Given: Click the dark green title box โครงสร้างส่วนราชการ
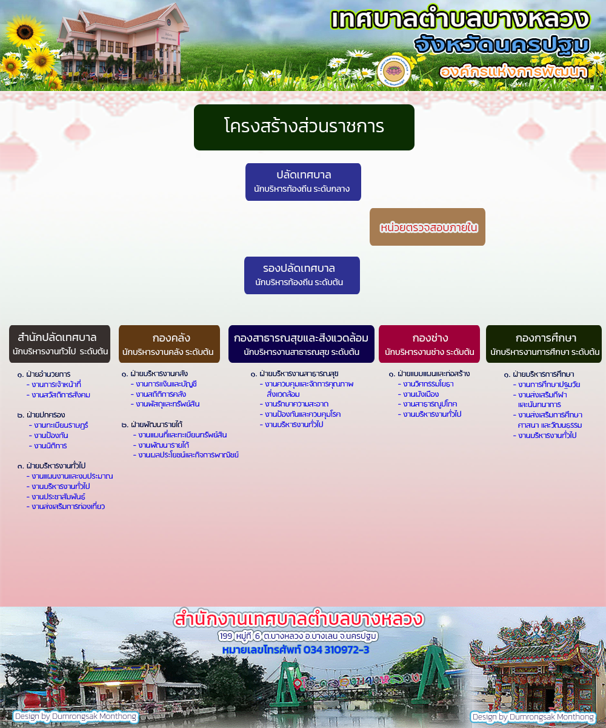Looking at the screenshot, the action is click(304, 127).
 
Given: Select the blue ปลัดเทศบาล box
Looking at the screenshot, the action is click(303, 182).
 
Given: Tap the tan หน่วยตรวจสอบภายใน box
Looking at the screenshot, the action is click(427, 227).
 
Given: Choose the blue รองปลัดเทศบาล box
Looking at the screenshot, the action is click(302, 275).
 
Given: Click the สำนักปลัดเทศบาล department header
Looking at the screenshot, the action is click(59, 344).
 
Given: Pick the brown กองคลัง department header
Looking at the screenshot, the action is click(169, 344).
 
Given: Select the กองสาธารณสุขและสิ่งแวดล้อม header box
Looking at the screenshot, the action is click(301, 344).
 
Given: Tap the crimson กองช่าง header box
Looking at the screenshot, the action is click(430, 344).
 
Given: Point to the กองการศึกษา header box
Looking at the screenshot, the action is click(544, 344).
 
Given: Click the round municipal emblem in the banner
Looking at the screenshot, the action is click(393, 71).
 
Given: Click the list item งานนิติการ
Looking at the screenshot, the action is click(48, 445).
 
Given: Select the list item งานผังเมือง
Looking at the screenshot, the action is click(418, 394).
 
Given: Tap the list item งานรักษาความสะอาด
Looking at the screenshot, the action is click(294, 404).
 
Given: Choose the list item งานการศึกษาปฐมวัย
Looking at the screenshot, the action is click(547, 385).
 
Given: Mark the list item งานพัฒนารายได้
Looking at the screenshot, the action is click(161, 445).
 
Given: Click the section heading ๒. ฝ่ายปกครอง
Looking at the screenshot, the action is click(41, 415).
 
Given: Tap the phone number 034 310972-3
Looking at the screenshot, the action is click(336, 650).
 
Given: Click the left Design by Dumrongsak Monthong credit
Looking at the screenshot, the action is click(76, 716).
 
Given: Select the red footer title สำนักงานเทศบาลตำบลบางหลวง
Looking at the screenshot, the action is click(299, 619).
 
